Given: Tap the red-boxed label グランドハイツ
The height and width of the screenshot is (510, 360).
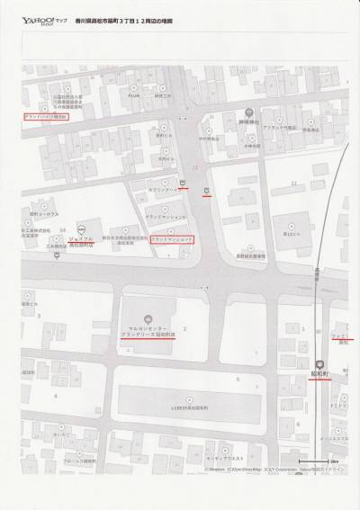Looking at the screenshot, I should [45, 116].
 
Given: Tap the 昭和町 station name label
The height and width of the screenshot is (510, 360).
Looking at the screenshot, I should [318, 370].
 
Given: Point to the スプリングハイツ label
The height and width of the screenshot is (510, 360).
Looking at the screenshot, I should [163, 191].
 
